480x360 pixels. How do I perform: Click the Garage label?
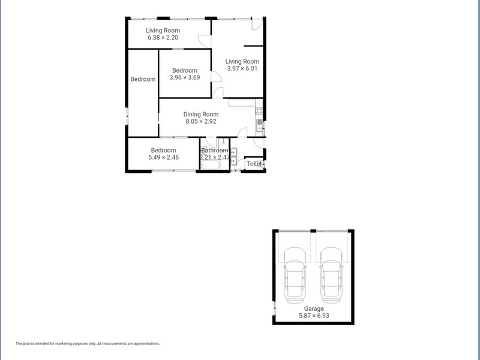[314, 308]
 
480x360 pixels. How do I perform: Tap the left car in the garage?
[295, 275]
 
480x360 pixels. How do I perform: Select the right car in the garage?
[331, 275]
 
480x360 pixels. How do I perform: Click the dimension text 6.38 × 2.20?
[163, 38]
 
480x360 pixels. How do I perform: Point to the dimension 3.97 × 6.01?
[242, 68]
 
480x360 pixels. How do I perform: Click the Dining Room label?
[201, 114]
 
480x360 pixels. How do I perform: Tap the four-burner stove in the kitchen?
[259, 110]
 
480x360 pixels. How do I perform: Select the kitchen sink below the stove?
[260, 125]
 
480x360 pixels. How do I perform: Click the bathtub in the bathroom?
[211, 166]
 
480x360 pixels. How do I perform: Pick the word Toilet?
[254, 164]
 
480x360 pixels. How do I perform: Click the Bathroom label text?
[215, 151]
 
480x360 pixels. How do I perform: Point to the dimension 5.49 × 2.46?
[163, 157]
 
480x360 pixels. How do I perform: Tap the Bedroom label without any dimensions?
[143, 79]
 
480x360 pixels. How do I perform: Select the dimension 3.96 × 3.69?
[185, 77]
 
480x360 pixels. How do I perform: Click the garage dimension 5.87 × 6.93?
[314, 316]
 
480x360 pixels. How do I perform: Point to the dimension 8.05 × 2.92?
[201, 122]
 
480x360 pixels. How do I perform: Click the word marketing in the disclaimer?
[63, 344]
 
